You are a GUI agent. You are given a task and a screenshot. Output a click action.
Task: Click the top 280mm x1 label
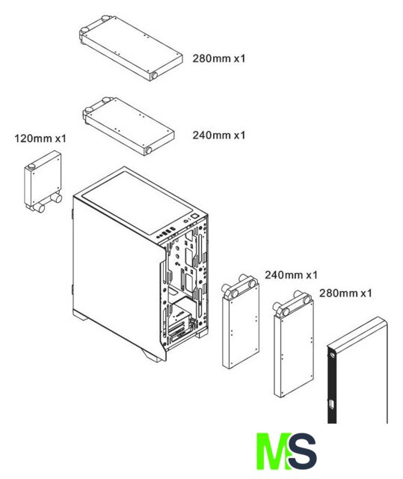coord(219,58)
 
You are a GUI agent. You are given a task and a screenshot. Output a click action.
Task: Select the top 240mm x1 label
coord(219,135)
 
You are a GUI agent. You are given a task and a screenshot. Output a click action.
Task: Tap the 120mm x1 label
coord(40,138)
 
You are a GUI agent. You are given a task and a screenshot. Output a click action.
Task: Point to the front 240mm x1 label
coord(291,275)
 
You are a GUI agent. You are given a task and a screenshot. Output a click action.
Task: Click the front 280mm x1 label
coord(345,293)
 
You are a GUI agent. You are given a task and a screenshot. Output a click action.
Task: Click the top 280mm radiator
coord(131,48)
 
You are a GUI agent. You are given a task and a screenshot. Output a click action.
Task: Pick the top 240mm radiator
coord(129,126)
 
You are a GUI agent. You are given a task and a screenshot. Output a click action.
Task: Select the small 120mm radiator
coord(43,182)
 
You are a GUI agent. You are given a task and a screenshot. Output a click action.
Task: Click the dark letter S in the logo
coord(302,451)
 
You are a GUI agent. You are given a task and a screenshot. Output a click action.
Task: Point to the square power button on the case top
coord(194,216)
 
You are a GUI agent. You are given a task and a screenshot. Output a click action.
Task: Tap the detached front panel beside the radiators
coord(357,371)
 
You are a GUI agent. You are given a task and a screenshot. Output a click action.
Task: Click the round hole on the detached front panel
coord(332,355)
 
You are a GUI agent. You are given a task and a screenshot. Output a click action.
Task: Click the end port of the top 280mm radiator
coord(154,76)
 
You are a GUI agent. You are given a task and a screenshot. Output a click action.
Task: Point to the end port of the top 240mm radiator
coord(149,150)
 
